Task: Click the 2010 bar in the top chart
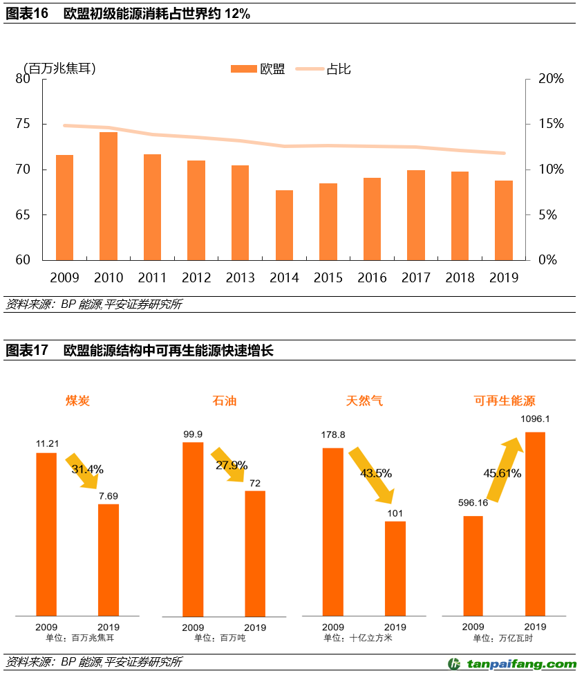click(109, 196)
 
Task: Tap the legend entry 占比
click(338, 69)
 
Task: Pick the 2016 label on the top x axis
click(372, 277)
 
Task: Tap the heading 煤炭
click(77, 401)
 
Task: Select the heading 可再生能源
click(505, 401)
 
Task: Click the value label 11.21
click(47, 443)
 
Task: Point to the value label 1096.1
click(536, 419)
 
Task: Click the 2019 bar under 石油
click(255, 553)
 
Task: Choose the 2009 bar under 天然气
click(333, 531)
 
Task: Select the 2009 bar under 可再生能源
click(473, 565)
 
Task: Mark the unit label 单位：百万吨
click(220, 638)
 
